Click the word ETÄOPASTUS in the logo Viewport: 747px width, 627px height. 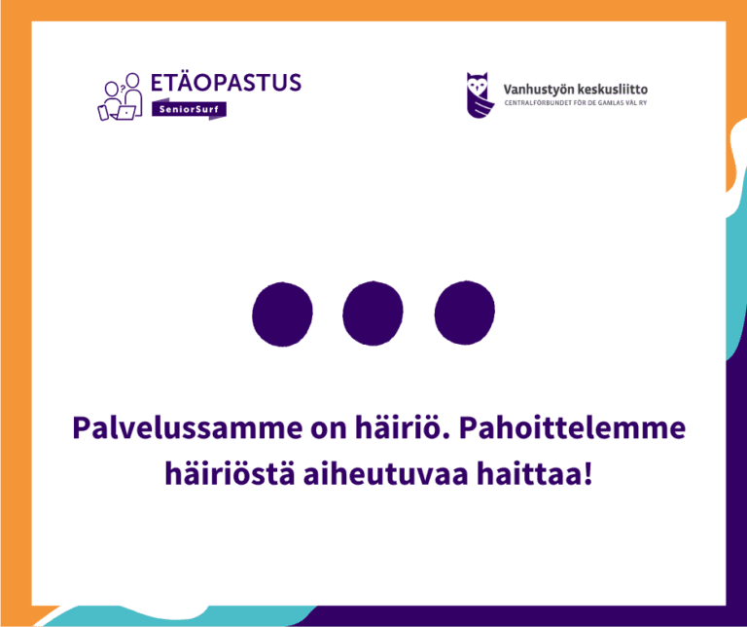click(x=227, y=83)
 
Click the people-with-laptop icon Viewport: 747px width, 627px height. click(x=121, y=97)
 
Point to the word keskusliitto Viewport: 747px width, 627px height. click(x=613, y=90)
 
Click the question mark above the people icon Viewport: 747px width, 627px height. click(x=121, y=80)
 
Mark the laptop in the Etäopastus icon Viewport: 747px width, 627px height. click(x=124, y=113)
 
